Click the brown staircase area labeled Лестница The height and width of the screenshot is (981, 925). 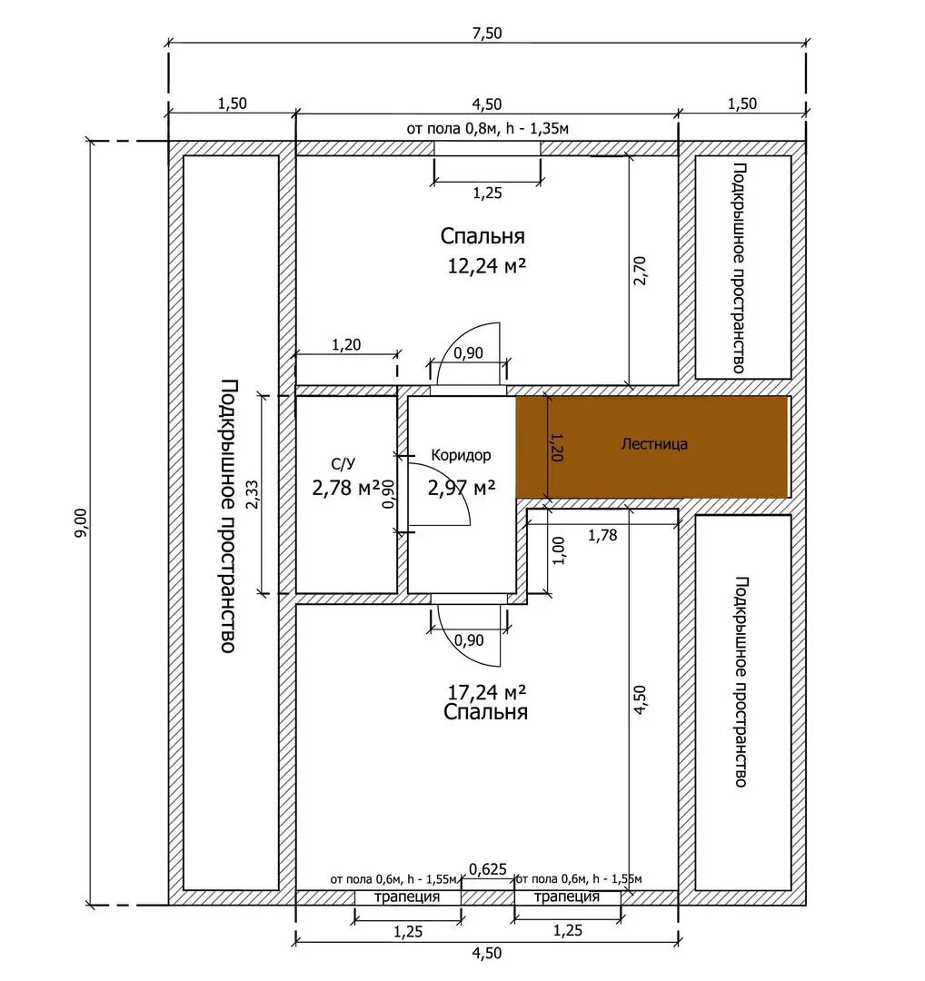click(x=651, y=447)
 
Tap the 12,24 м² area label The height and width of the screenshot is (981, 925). click(x=486, y=266)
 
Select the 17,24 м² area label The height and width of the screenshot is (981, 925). click(x=486, y=692)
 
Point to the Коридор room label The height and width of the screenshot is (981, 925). click(x=462, y=455)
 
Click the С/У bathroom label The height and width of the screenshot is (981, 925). click(x=343, y=463)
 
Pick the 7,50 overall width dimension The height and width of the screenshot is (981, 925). click(x=487, y=33)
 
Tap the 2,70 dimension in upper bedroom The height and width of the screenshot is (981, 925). click(x=639, y=271)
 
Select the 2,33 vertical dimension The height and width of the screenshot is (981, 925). click(x=253, y=494)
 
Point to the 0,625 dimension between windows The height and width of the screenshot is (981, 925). click(x=488, y=868)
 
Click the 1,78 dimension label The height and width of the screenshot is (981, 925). click(x=602, y=535)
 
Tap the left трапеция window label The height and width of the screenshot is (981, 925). click(x=407, y=897)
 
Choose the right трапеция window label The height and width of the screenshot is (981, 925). click(x=567, y=897)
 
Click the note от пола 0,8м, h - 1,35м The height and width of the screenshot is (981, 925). click(x=488, y=129)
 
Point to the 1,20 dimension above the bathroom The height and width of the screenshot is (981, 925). click(x=346, y=344)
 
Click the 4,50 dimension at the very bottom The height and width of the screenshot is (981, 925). click(x=487, y=953)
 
